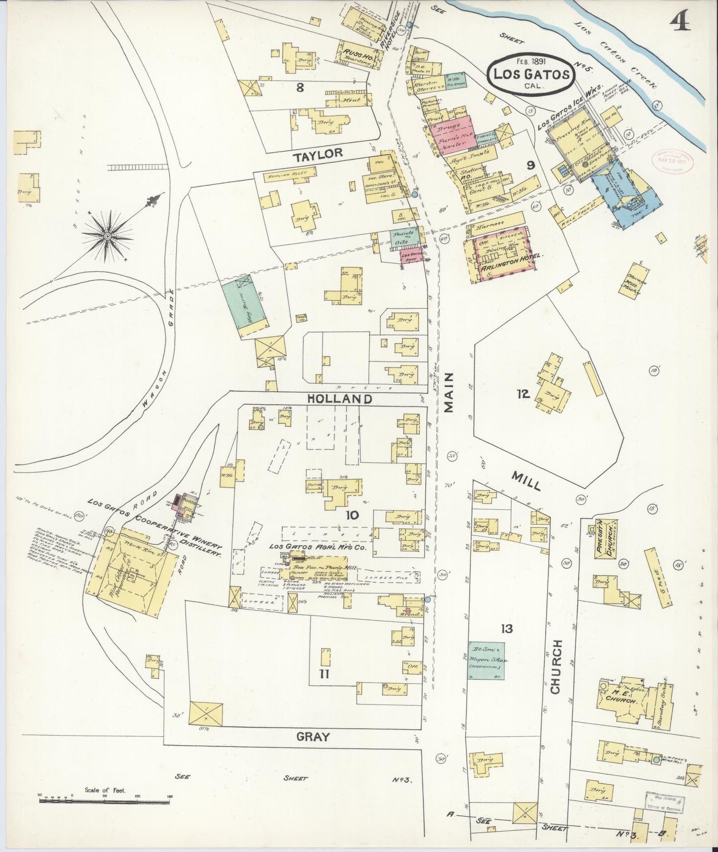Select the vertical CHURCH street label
(556, 666)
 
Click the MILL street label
(525, 481)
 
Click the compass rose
(106, 237)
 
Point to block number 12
(522, 394)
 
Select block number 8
(300, 87)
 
